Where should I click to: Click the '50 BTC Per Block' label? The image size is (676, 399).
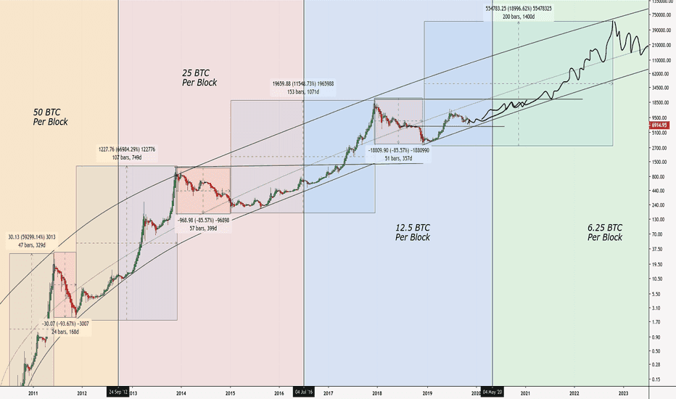pos(51,117)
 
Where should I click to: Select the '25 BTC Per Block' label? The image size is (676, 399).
pos(199,78)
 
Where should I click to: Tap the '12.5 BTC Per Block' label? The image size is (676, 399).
pos(412,232)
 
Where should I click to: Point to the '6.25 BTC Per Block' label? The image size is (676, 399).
pos(604,232)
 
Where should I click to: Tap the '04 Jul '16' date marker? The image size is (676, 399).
pos(304,392)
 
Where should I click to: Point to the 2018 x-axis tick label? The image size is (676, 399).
pos(376,392)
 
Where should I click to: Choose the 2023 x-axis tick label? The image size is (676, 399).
pos(625,392)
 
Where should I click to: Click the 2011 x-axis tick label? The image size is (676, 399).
pos(33,392)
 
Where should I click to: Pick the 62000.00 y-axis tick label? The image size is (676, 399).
pos(659,73)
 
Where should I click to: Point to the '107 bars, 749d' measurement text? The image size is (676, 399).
pos(127,157)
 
